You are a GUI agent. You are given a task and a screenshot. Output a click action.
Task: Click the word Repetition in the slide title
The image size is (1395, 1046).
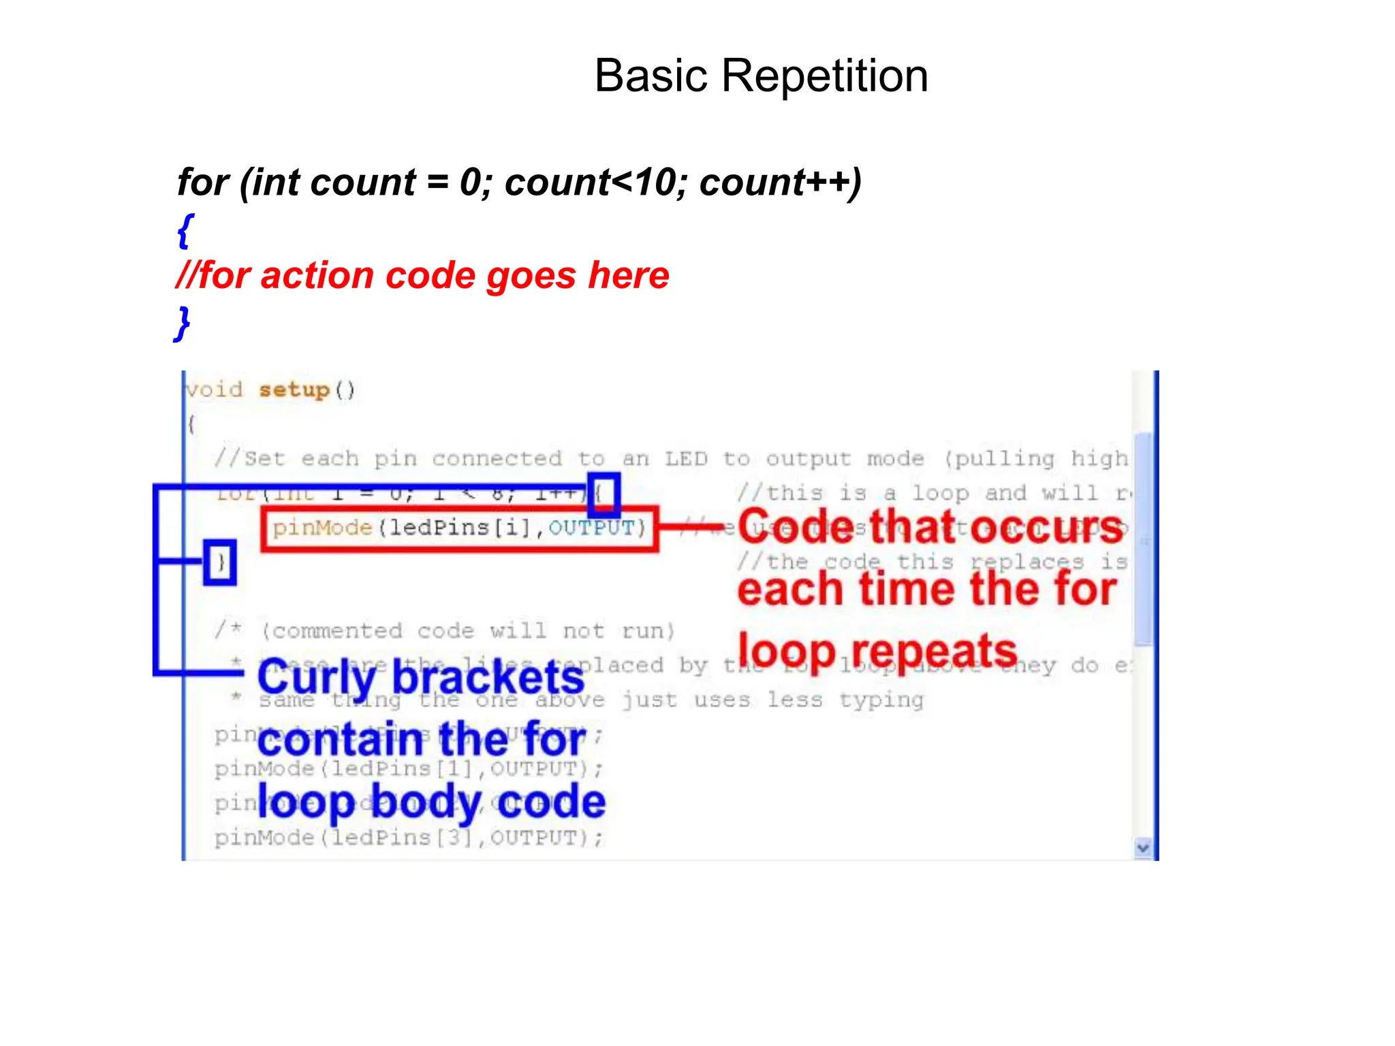click(x=824, y=76)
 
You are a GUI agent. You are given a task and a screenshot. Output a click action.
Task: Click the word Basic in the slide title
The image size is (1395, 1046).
click(x=652, y=76)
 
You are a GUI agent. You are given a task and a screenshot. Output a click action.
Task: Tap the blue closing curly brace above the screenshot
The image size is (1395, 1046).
click(x=183, y=323)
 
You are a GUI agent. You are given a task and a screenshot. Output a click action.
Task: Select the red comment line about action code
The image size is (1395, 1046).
click(x=422, y=276)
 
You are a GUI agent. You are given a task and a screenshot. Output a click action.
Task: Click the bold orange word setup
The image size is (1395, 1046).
click(x=294, y=390)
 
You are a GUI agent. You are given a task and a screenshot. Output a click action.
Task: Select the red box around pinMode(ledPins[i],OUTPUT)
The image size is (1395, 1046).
click(x=460, y=528)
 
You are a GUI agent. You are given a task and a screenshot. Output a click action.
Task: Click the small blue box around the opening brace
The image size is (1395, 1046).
click(x=604, y=494)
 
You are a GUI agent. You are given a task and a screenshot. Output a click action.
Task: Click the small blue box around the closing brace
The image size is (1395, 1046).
click(x=220, y=562)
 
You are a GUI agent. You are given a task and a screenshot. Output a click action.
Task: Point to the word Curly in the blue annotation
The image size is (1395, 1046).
click(x=316, y=678)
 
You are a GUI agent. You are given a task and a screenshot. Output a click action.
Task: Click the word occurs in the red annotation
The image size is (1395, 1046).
click(x=1046, y=528)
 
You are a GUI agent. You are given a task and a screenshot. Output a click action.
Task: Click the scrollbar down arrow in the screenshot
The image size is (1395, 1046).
click(x=1143, y=848)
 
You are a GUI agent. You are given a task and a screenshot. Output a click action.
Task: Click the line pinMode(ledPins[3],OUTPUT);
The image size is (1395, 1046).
click(x=409, y=838)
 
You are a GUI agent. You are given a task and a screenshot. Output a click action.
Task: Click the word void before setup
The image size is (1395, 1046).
click(x=215, y=390)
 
